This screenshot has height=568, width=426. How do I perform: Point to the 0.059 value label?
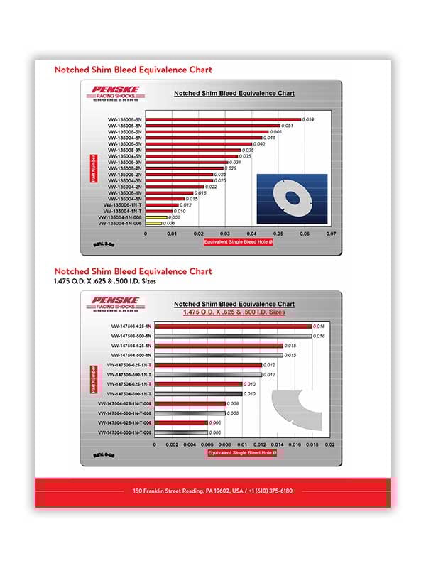pos(308,119)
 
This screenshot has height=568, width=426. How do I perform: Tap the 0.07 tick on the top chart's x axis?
pos(331,232)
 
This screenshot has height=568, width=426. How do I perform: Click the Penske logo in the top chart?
pos(116,92)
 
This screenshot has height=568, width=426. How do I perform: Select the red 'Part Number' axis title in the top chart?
pos(93,170)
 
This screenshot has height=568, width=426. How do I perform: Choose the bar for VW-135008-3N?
pos(193,150)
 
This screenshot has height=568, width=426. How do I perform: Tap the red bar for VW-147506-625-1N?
pos(233,326)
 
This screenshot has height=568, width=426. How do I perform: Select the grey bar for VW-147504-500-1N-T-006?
pos(181,432)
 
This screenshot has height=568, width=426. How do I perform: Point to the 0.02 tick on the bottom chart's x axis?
pos(329,445)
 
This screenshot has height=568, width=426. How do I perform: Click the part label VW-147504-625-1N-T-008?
pos(126,403)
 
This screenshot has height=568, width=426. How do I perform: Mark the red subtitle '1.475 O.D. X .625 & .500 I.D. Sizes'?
pos(234,312)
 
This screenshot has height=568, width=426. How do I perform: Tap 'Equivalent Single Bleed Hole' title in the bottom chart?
pos(240,452)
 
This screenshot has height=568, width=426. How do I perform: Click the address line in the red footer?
pos(212,491)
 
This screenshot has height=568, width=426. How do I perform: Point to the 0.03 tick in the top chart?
pos(225,232)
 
